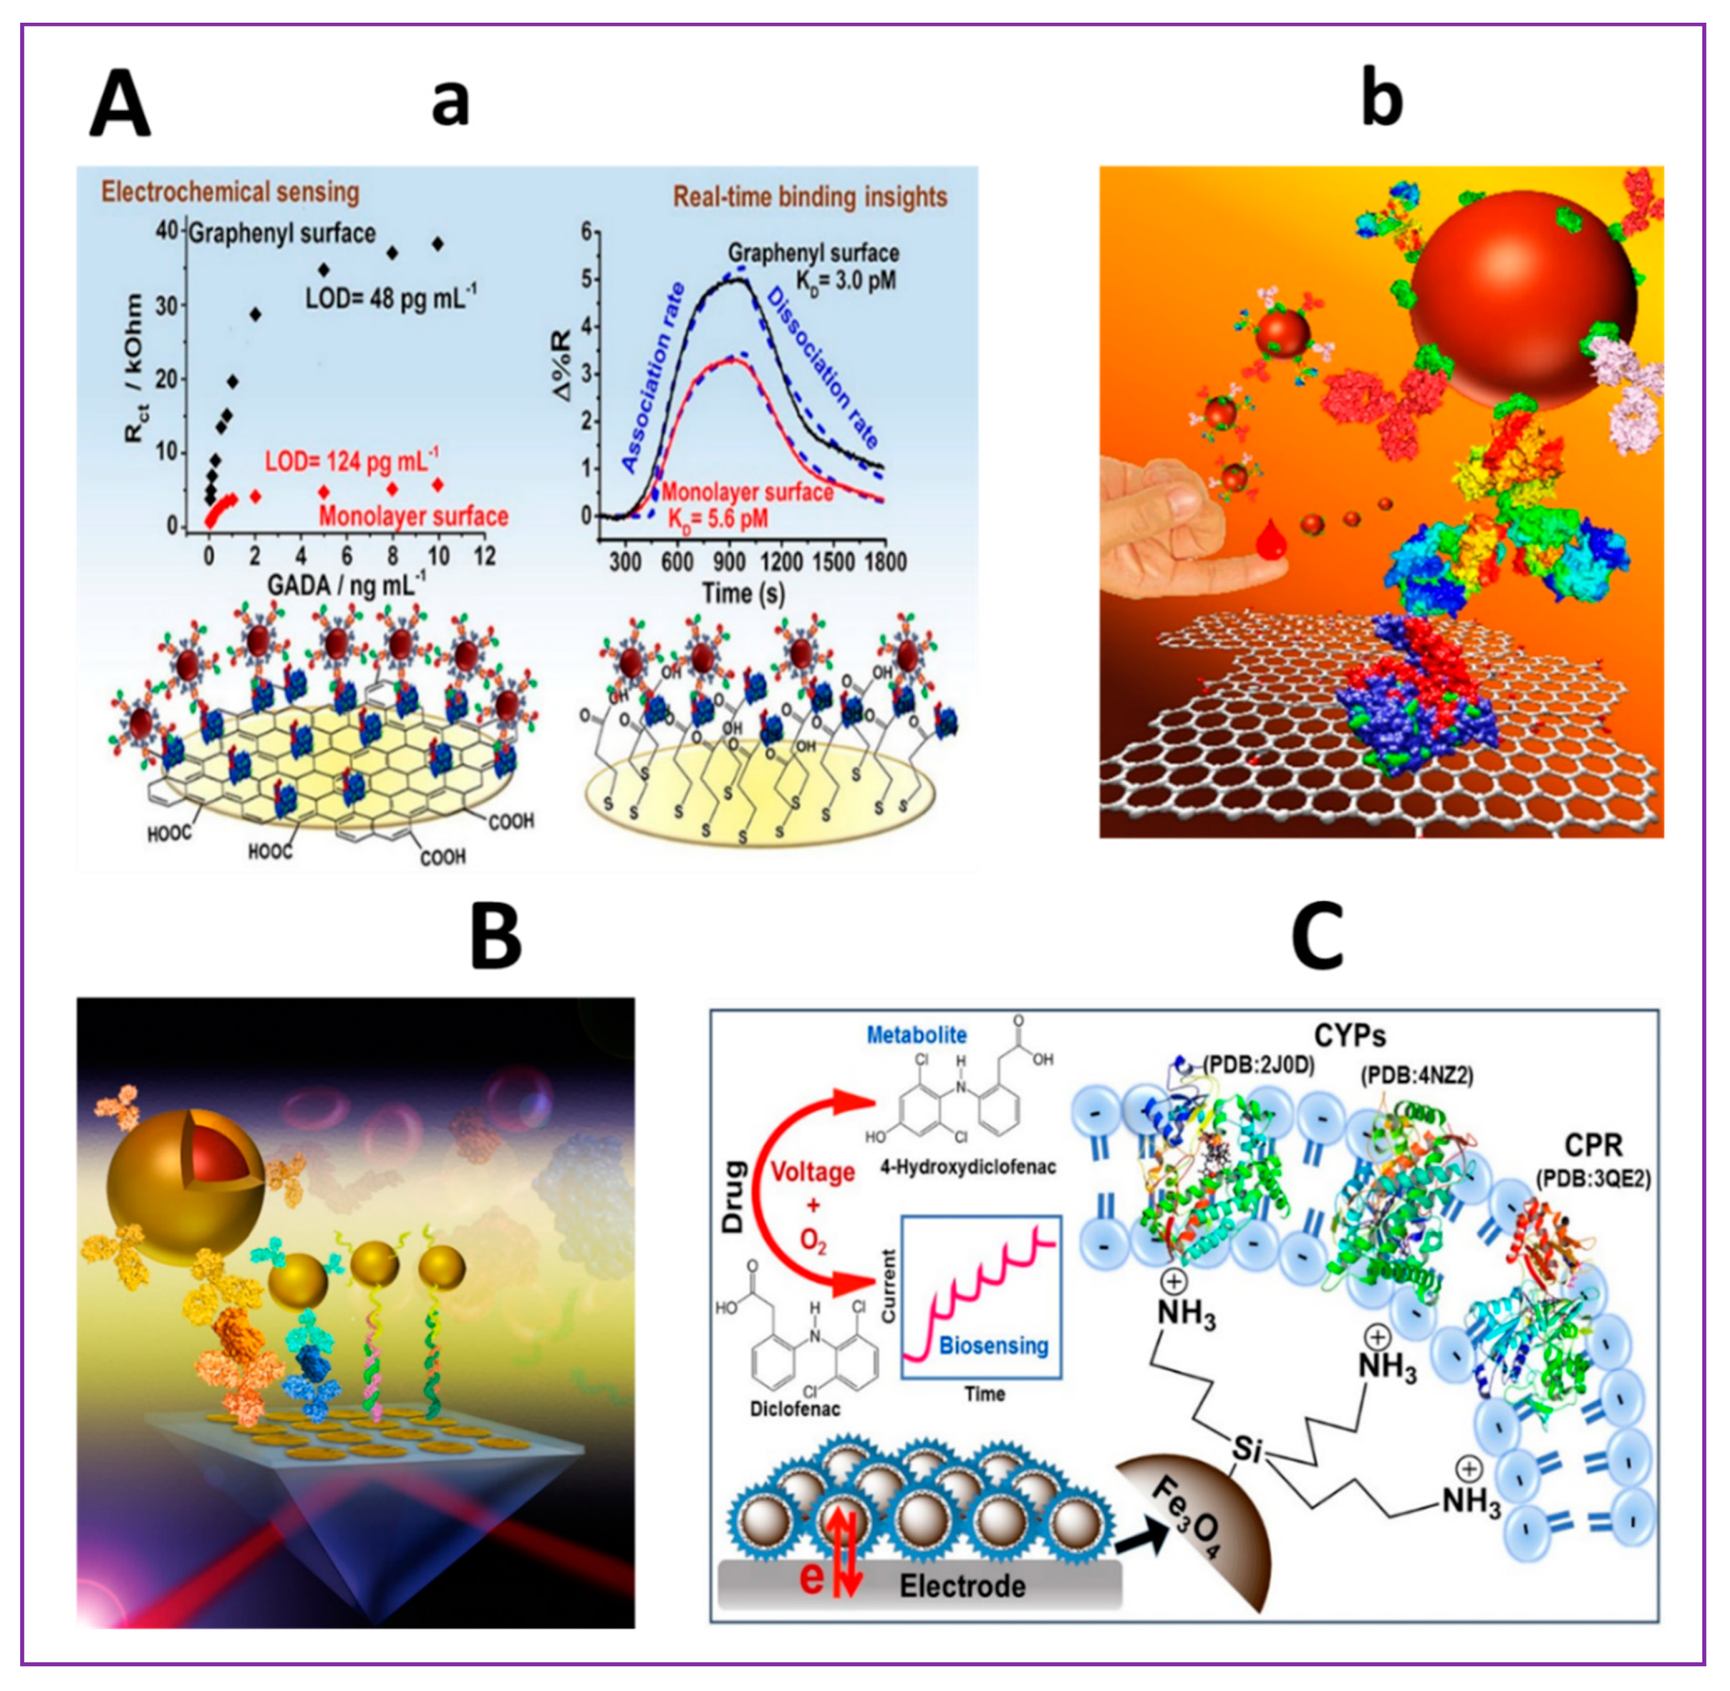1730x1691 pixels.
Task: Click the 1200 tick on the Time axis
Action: pyautogui.click(x=782, y=562)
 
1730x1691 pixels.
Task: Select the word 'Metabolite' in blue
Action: pyautogui.click(x=916, y=1034)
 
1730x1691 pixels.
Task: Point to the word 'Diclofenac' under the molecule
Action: pyautogui.click(x=794, y=1409)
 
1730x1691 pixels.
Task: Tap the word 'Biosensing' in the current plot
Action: pyautogui.click(x=994, y=1345)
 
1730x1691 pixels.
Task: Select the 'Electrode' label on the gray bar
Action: pyautogui.click(x=962, y=1585)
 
